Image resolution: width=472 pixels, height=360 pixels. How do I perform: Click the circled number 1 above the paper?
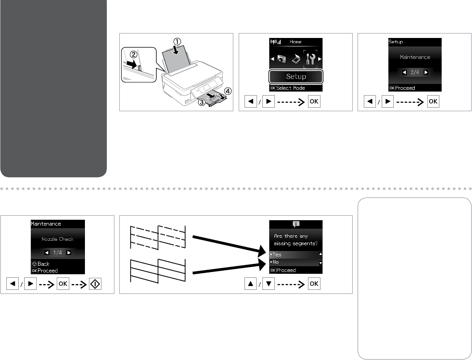pyautogui.click(x=177, y=42)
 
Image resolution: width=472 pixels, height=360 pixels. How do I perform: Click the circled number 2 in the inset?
pyautogui.click(x=134, y=54)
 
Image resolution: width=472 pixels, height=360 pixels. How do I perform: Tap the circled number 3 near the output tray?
pyautogui.click(x=202, y=102)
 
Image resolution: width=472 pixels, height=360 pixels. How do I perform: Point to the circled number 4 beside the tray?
pyautogui.click(x=228, y=91)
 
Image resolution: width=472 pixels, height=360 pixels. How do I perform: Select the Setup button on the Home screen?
pyautogui.click(x=296, y=76)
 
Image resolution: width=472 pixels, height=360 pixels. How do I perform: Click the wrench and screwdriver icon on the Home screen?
pyautogui.click(x=310, y=59)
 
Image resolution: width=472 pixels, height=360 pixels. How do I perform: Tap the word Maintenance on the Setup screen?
pyautogui.click(x=415, y=57)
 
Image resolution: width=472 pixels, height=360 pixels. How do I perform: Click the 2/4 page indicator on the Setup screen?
pyautogui.click(x=415, y=72)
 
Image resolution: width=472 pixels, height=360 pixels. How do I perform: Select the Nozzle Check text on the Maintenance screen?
pyautogui.click(x=58, y=239)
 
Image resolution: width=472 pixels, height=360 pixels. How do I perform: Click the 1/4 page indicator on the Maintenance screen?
pyautogui.click(x=58, y=252)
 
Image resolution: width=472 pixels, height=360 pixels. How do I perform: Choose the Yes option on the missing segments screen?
pyautogui.click(x=277, y=255)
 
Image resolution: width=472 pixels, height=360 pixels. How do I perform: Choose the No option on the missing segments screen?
pyautogui.click(x=275, y=262)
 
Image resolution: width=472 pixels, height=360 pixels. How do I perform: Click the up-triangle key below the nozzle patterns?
pyautogui.click(x=250, y=284)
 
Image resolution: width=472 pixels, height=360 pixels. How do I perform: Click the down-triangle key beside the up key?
pyautogui.click(x=269, y=284)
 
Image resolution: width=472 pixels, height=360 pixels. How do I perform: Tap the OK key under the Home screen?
pyautogui.click(x=314, y=101)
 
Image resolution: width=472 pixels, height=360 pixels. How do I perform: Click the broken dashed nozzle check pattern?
pyautogui.click(x=158, y=237)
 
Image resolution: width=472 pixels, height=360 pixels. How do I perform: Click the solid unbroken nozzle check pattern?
pyautogui.click(x=158, y=271)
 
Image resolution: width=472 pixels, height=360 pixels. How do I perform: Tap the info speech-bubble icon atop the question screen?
pyautogui.click(x=296, y=224)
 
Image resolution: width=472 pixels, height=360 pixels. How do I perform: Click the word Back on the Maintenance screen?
pyautogui.click(x=43, y=264)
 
